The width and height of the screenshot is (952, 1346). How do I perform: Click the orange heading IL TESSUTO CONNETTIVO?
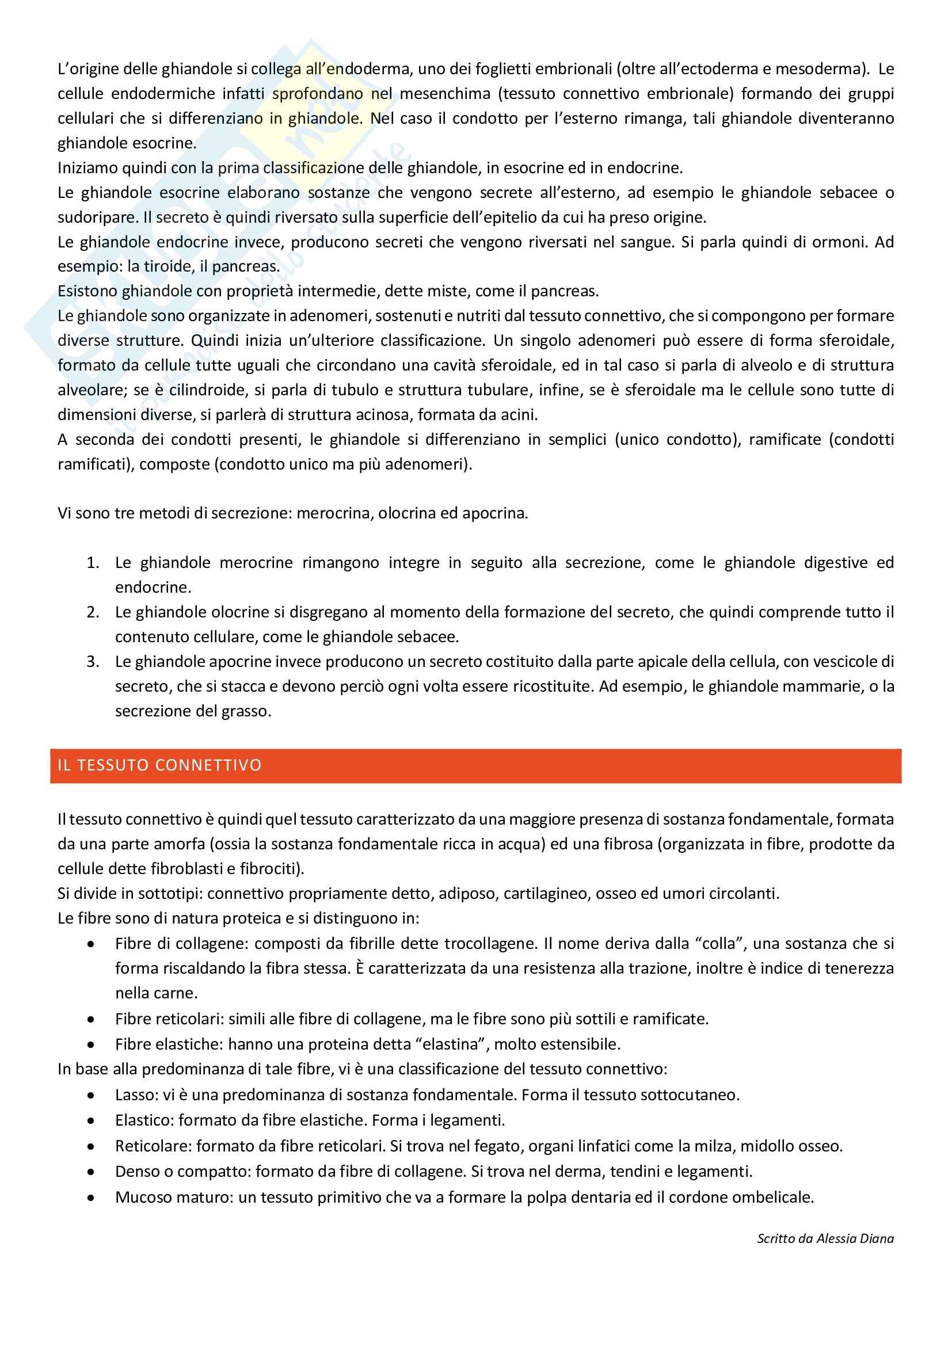click(159, 765)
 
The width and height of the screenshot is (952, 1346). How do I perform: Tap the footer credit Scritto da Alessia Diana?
click(825, 1238)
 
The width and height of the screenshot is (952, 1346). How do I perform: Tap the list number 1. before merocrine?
click(93, 563)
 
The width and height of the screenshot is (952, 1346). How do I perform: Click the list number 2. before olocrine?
click(93, 612)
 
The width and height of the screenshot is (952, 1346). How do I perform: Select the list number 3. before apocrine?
click(93, 662)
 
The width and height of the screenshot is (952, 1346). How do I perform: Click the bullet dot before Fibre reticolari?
click(91, 1020)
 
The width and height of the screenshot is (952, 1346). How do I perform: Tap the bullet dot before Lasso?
click(91, 1095)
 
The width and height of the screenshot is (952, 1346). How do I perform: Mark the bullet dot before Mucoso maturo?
click(91, 1198)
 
